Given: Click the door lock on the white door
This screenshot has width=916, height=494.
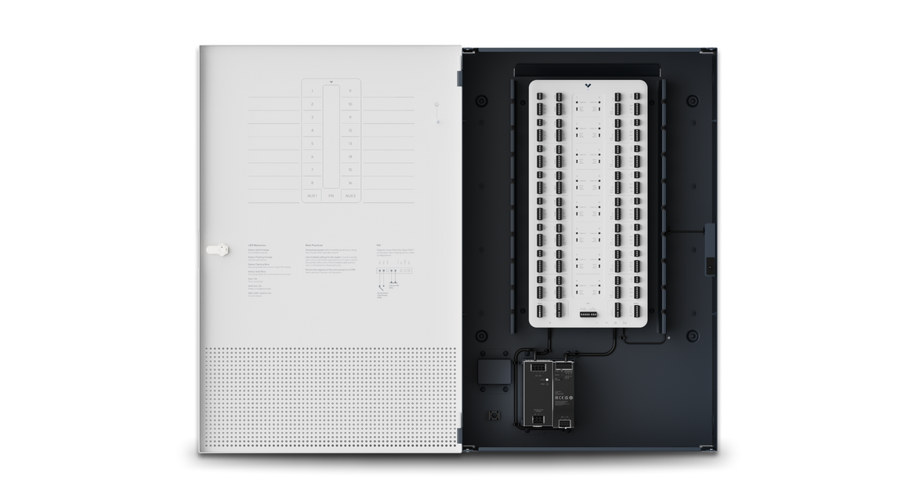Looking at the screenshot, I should (217, 249).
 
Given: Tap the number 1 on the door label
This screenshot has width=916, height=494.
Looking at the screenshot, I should (312, 91).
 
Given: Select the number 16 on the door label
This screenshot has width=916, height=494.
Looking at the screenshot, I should (349, 182).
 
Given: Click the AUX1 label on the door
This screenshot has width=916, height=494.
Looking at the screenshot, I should (312, 195).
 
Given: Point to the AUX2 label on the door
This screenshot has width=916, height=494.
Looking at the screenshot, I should (350, 195).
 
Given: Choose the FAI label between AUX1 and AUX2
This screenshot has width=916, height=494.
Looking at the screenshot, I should (331, 195).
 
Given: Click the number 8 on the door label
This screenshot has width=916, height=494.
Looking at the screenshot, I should (312, 182).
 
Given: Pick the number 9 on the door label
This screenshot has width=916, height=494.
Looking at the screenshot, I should (349, 91).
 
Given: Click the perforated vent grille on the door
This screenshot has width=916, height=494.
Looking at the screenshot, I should (329, 396).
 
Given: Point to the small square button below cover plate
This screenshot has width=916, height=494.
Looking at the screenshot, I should (494, 415).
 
